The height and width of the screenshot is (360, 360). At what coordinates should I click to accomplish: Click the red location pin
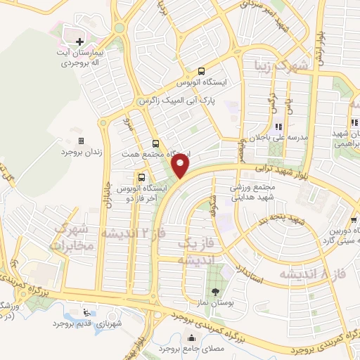pyautogui.click(x=181, y=166)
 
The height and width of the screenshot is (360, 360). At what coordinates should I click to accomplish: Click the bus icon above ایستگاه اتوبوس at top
pyautogui.click(x=202, y=70)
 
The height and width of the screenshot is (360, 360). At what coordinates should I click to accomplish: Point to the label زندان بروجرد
pyautogui.click(x=77, y=152)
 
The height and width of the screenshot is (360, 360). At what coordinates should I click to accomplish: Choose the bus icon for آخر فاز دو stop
pyautogui.click(x=142, y=177)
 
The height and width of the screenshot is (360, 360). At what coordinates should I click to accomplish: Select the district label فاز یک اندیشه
pyautogui.click(x=184, y=251)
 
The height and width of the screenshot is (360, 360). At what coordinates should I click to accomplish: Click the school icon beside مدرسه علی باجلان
pyautogui.click(x=278, y=127)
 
